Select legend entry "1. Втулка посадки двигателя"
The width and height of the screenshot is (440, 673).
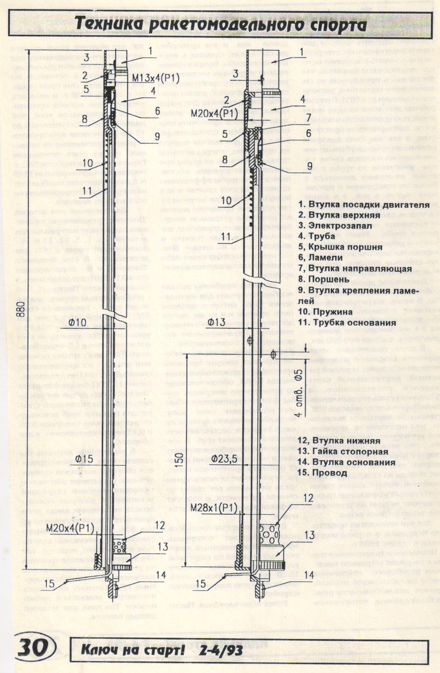tap(364, 205)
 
